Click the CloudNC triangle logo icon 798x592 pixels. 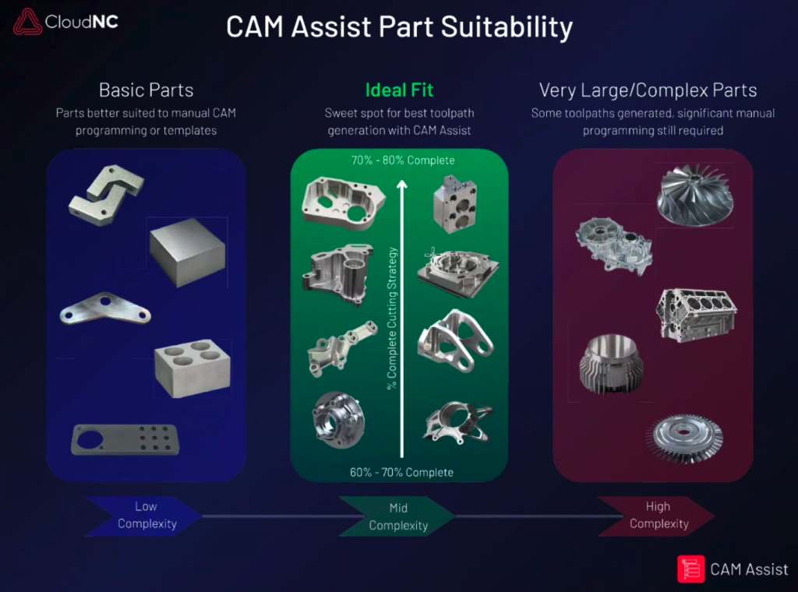[27, 22]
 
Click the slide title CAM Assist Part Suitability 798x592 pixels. [399, 27]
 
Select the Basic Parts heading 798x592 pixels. [146, 90]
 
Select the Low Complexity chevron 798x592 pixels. [144, 516]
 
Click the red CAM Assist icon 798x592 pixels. [690, 569]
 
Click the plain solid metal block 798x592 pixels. [187, 251]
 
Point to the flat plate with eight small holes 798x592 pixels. [125, 439]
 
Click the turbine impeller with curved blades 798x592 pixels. [695, 196]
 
